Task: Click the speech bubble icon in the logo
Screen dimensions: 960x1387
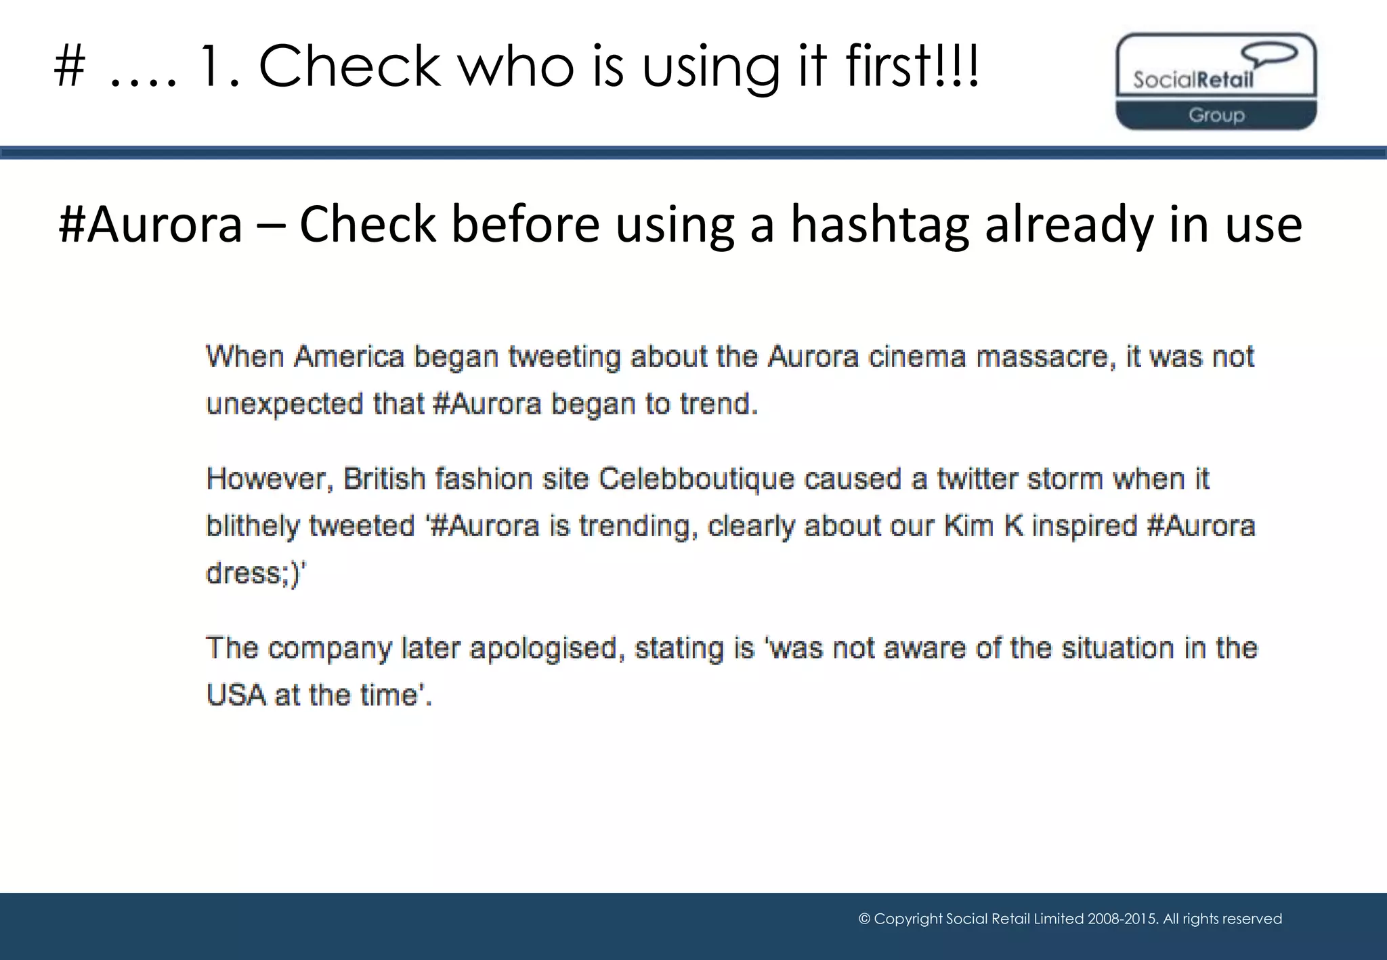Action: point(1268,54)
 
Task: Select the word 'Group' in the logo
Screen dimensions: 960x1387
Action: point(1216,115)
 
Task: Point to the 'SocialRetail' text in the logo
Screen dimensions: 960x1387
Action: point(1193,81)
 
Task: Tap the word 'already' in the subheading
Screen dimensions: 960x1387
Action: point(1069,225)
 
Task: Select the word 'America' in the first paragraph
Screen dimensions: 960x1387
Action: point(349,357)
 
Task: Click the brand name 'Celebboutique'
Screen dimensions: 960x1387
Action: point(696,479)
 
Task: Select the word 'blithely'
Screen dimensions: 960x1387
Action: point(252,526)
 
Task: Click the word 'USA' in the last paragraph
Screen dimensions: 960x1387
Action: point(236,695)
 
